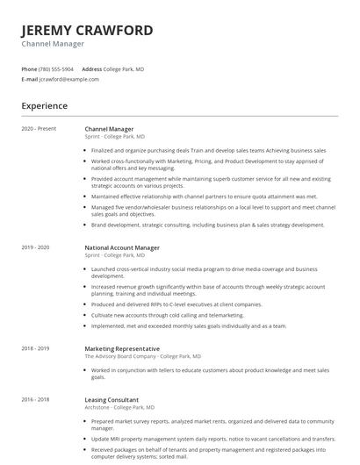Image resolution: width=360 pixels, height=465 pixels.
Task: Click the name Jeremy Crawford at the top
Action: [x=87, y=30]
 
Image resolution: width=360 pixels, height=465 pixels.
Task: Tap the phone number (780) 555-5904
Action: [x=57, y=68]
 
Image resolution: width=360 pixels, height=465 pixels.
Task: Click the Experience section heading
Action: [x=44, y=106]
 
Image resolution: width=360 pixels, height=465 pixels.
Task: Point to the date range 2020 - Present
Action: [x=39, y=128]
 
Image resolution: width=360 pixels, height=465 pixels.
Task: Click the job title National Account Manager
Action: [x=122, y=247]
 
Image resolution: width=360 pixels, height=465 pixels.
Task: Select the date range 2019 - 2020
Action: [x=35, y=247]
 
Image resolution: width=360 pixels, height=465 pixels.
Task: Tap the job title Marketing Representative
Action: [x=122, y=348]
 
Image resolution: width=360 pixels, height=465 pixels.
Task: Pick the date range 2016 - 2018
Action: [x=35, y=398]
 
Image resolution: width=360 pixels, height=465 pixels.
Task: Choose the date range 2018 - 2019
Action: [x=35, y=348]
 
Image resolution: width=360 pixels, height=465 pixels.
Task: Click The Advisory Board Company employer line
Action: [x=142, y=356]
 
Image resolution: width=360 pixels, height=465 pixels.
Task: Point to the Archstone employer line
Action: [x=119, y=407]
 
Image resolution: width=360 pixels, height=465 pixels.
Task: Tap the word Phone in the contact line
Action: [x=29, y=68]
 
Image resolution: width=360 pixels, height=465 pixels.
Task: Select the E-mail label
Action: [x=29, y=79]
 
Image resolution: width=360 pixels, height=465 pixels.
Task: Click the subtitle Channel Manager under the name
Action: [x=53, y=43]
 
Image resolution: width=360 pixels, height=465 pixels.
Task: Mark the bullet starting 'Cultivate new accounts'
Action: [x=167, y=314]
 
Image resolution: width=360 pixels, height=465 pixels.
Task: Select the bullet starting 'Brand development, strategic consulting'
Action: [x=207, y=225]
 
